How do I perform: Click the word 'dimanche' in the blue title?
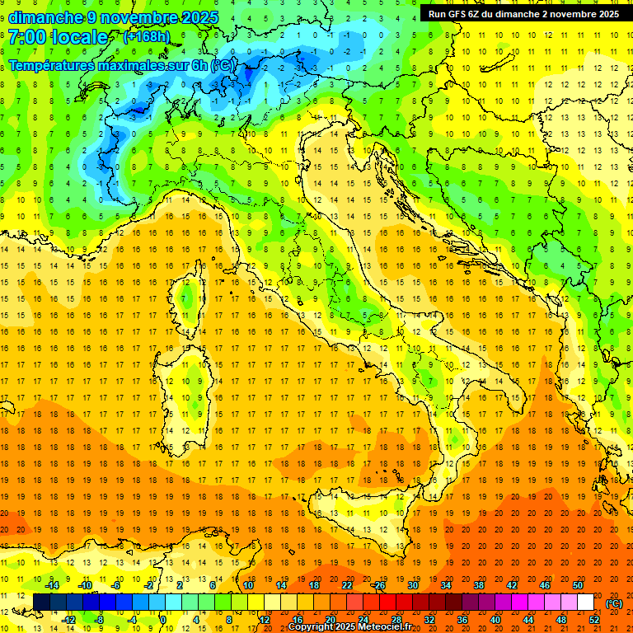click(45, 17)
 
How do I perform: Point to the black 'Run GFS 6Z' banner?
click(523, 14)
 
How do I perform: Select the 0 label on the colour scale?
click(163, 619)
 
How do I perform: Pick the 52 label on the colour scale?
click(594, 619)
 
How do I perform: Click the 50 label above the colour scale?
click(578, 584)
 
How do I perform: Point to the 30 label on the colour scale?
click(413, 584)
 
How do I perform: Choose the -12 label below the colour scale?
click(68, 619)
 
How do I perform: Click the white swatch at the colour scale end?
click(585, 602)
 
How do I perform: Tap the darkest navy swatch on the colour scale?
click(42, 602)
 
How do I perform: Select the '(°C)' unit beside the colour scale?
click(614, 603)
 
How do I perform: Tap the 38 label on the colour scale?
click(479, 584)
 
